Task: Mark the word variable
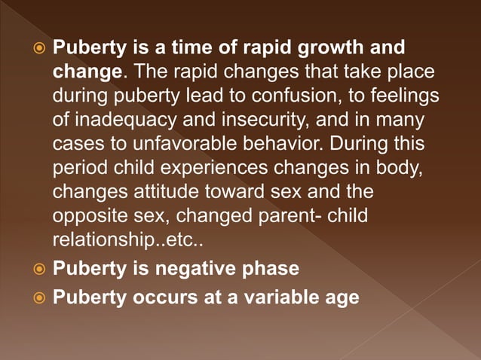pyautogui.click(x=283, y=297)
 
